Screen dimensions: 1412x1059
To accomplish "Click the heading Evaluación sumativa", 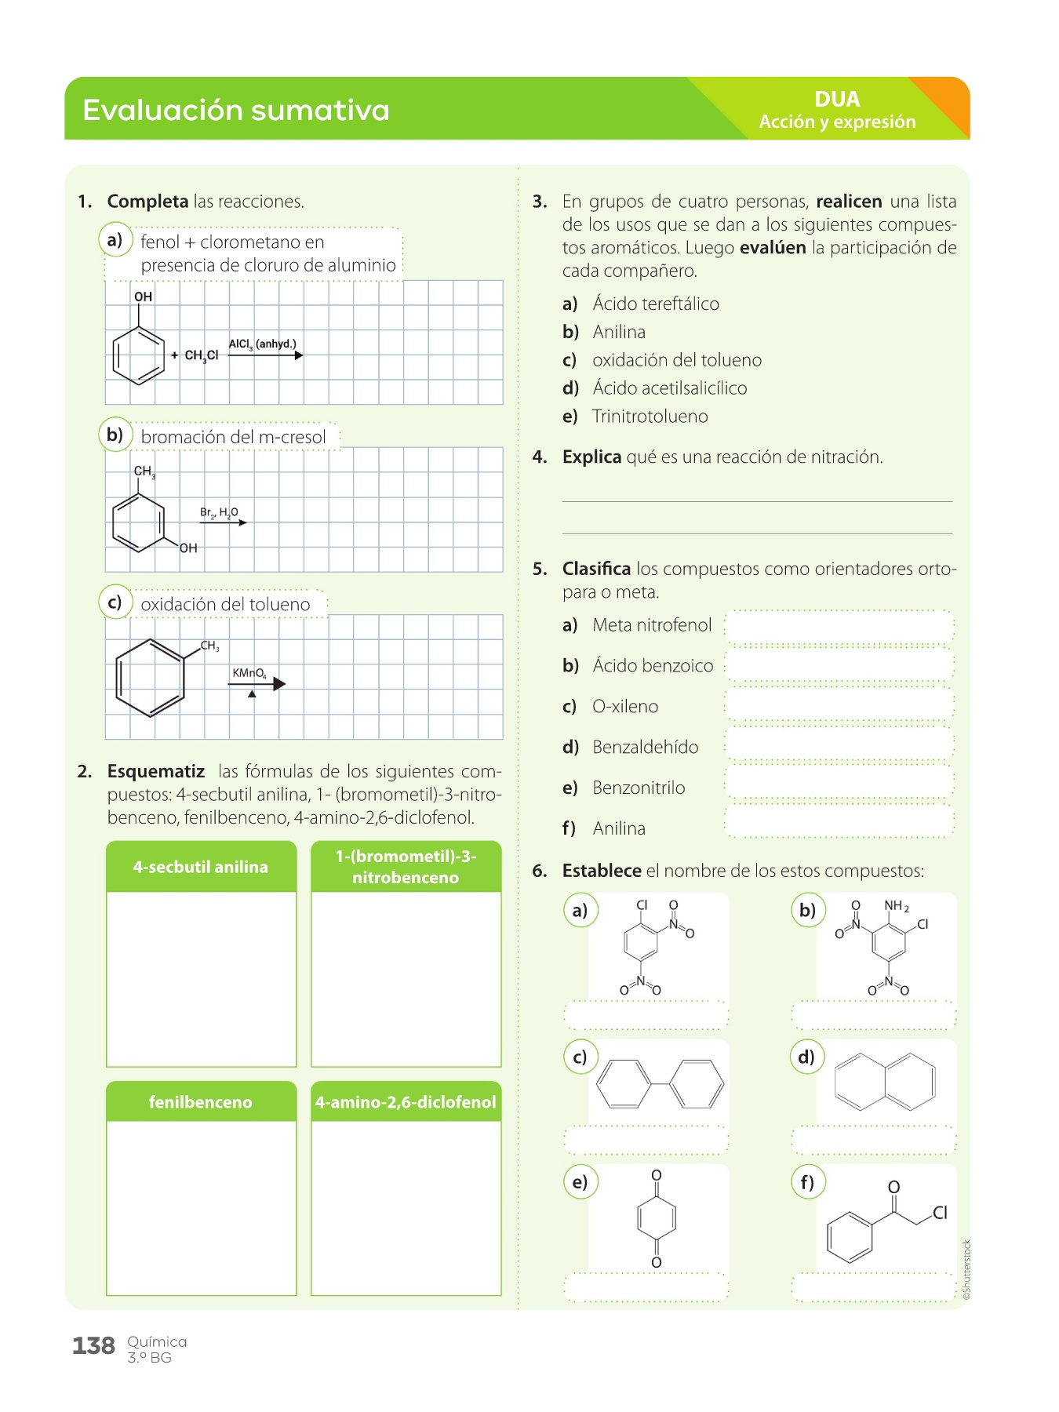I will pos(235,110).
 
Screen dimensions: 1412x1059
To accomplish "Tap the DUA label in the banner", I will pos(837,100).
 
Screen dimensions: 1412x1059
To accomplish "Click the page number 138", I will pos(93,1346).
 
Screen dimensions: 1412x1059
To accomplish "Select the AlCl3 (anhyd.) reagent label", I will pos(262,344).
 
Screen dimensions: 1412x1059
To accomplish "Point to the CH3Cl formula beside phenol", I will pos(201,355).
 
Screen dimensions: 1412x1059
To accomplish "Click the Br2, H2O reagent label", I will pos(219,513).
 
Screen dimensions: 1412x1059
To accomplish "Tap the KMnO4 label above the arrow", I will pos(249,673).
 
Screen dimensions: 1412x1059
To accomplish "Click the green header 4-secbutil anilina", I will pos(201,867).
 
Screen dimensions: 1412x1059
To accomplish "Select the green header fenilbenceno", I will pos(201,1102).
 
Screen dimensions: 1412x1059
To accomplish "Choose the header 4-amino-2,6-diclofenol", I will pos(406,1102).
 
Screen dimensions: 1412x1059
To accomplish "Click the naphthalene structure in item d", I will pos(885,1083).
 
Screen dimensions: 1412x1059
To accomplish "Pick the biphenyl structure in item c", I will pos(660,1084).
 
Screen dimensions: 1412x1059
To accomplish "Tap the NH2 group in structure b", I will pos(896,906).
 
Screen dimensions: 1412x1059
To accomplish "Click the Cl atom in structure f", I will pos(940,1213).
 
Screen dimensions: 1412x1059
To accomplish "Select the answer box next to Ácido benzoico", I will pos(839,666).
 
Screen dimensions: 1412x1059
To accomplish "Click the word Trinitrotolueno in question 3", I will pos(650,417).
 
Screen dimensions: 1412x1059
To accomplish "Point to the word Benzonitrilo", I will pos(639,788).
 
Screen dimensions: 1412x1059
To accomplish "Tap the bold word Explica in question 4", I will pos(591,457).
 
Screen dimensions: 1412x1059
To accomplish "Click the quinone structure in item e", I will pos(657,1218).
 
